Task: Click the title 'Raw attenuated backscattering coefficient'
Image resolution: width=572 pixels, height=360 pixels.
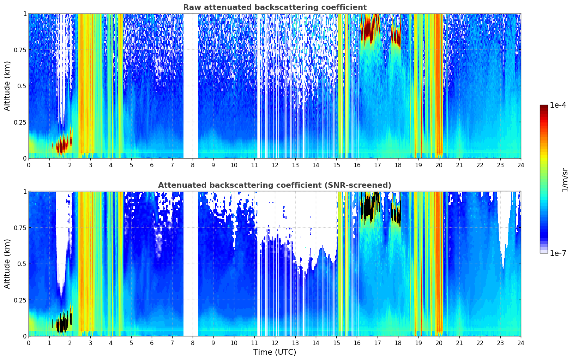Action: click(x=275, y=7)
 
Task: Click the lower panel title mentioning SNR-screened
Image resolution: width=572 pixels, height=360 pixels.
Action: click(x=275, y=185)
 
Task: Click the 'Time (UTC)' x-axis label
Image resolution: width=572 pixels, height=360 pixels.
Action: click(x=275, y=352)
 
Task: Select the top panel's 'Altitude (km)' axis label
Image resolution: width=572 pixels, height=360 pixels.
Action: click(x=7, y=86)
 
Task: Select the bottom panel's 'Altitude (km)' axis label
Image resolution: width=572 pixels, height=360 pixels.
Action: click(x=7, y=264)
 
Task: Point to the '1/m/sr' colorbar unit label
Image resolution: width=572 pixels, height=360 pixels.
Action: click(x=565, y=180)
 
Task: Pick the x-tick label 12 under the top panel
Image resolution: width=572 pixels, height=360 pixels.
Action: click(x=275, y=165)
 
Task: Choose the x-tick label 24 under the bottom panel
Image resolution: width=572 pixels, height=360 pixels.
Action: click(x=520, y=343)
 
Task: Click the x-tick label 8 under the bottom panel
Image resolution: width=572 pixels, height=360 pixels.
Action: click(x=193, y=343)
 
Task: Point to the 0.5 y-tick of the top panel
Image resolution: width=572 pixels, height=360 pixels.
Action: click(x=22, y=86)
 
